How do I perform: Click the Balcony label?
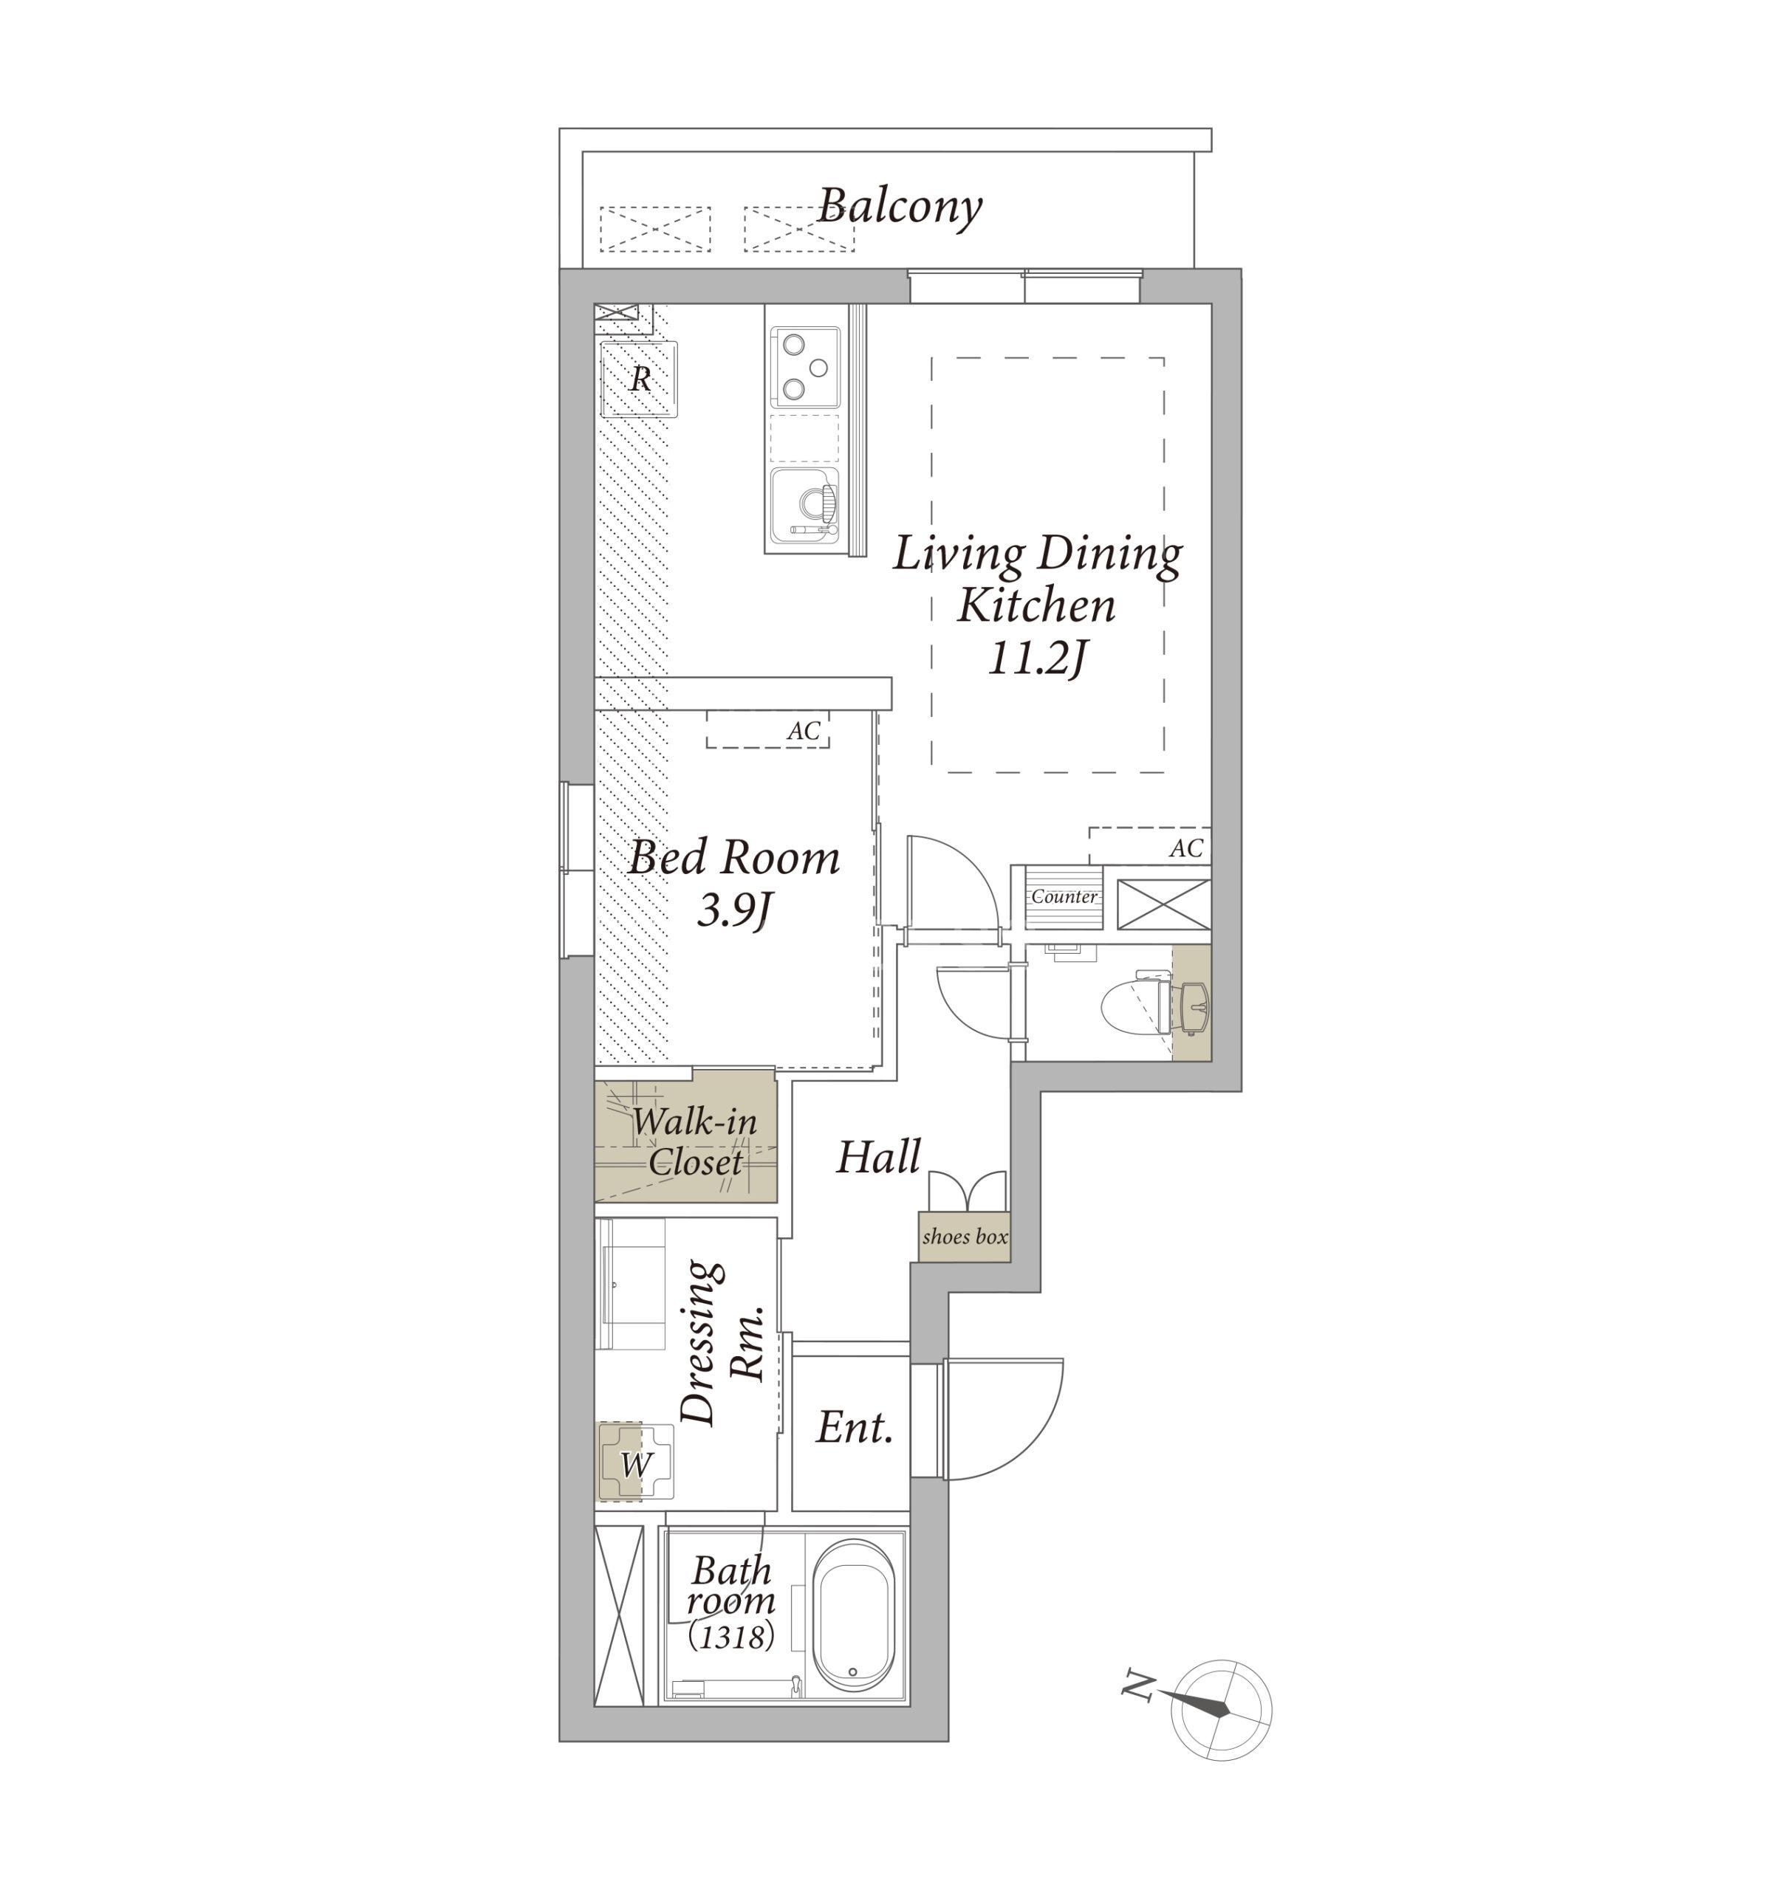point(899,206)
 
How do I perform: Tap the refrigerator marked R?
point(640,379)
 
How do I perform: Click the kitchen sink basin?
point(804,503)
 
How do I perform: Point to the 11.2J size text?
point(1036,657)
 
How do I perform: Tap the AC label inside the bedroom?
point(804,730)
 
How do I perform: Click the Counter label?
point(1064,896)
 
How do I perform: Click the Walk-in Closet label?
point(695,1141)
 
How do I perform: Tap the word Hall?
point(879,1157)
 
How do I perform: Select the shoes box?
point(964,1237)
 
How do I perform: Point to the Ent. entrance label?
point(854,1427)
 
